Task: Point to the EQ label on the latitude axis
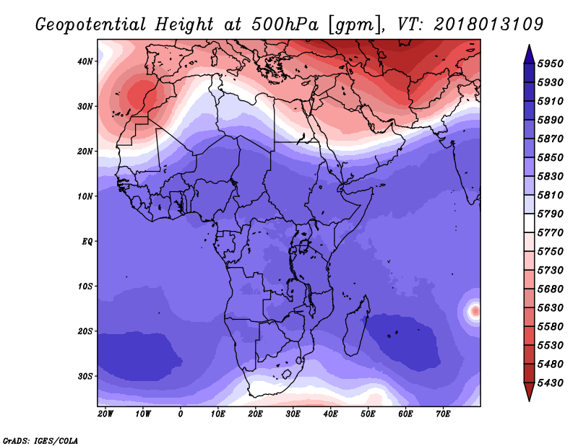pos(87,241)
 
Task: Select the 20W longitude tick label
pos(105,414)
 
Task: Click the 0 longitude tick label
pos(180,414)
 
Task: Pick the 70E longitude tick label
pos(444,414)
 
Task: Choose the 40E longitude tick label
pos(331,414)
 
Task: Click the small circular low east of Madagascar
pos(474,311)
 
